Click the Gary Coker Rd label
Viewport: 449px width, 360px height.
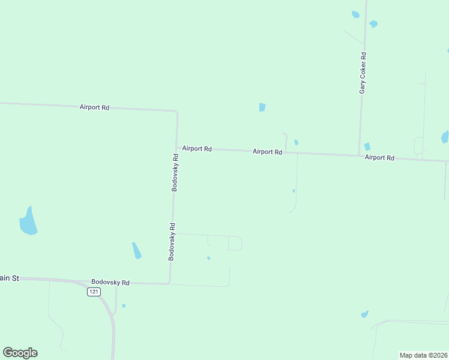363,73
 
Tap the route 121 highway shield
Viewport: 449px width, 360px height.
93,292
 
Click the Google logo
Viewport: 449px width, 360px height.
20,353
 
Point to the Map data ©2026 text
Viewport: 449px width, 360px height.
423,355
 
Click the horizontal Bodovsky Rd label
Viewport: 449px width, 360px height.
110,282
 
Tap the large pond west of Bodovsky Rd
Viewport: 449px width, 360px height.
28,221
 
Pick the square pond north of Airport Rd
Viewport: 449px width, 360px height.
262,107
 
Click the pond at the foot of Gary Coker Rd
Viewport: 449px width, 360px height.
367,146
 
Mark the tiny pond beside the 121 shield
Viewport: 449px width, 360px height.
124,306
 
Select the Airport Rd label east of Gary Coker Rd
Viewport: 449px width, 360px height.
379,158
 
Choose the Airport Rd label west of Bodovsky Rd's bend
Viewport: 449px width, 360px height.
94,107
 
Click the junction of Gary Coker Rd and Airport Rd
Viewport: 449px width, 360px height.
360,155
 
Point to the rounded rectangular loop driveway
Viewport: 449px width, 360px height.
235,243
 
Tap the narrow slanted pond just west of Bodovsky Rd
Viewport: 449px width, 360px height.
137,250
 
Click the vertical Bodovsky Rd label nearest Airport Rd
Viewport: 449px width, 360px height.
175,172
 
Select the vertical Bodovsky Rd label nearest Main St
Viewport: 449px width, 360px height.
172,241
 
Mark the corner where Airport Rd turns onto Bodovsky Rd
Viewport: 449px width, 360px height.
176,112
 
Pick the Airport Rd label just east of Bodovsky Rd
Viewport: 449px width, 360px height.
197,149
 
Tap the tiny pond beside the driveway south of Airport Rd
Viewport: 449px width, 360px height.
294,191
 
